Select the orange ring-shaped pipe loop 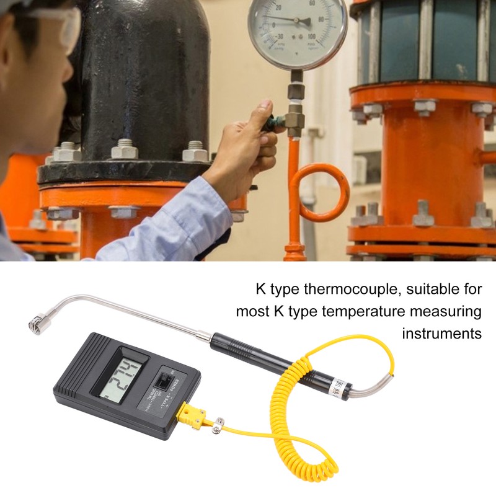coord(320,192)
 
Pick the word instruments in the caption coord(441,333)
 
